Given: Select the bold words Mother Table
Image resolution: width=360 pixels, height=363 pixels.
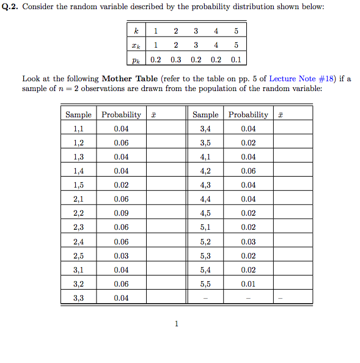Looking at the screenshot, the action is click(130, 78).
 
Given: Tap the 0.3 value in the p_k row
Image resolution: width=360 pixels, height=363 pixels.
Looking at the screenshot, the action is click(176, 60).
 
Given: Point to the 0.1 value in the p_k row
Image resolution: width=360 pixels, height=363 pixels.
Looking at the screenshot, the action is click(236, 60).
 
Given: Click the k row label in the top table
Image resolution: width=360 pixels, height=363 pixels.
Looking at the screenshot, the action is click(136, 31).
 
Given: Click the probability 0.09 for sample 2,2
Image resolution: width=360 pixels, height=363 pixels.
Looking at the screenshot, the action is click(121, 214).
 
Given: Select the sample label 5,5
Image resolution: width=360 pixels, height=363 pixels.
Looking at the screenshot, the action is click(205, 284).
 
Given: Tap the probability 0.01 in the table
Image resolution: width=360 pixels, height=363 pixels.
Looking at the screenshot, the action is click(248, 284).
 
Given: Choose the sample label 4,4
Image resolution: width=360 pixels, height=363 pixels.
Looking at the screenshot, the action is click(205, 199).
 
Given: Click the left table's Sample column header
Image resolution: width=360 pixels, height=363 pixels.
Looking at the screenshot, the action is click(78, 114).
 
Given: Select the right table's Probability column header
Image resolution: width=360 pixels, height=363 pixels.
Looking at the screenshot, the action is click(248, 114).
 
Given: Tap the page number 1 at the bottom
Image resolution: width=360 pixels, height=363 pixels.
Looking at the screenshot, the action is click(177, 324).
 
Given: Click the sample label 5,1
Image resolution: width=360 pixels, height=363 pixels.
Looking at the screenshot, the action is click(205, 228).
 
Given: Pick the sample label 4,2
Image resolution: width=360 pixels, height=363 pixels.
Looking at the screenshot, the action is click(205, 171).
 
